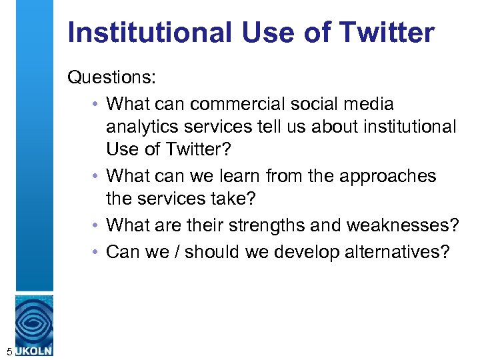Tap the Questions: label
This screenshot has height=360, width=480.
[112, 78]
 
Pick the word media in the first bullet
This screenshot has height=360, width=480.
[366, 104]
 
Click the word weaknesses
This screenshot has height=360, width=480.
[403, 225]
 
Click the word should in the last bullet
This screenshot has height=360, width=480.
[221, 251]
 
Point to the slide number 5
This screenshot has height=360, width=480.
[7, 350]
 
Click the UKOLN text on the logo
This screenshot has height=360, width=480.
[34, 350]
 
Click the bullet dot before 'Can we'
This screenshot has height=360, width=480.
[97, 252]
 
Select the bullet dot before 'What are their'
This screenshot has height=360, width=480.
[97, 226]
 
